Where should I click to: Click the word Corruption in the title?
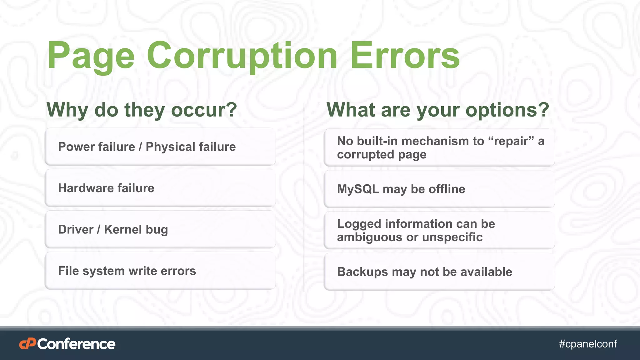[242, 56]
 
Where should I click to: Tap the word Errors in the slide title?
[405, 56]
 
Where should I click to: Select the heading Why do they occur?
[142, 110]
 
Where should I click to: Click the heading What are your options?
[438, 110]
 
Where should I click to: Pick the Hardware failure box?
[160, 188]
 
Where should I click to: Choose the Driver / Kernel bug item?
[160, 230]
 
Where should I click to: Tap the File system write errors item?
[160, 271]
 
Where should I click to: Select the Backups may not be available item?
[439, 272]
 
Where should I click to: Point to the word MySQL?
[357, 189]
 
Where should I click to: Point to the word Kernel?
[123, 230]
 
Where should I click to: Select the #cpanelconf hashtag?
[588, 344]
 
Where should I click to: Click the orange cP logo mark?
[27, 344]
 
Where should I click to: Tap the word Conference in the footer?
[76, 344]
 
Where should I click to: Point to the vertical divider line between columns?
[304, 197]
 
